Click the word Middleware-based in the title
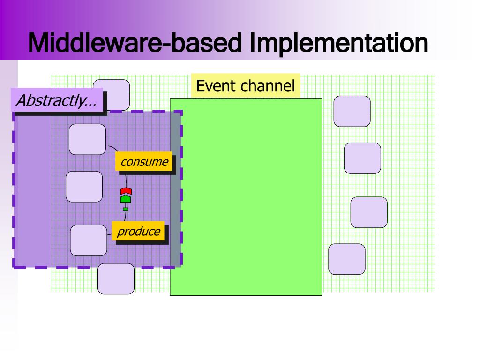pos(136,43)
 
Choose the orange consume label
pos(143,162)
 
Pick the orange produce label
pos(138,231)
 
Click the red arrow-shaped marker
pos(126,191)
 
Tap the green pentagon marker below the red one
pos(126,199)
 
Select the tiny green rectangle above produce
pos(126,209)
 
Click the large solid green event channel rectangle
pos(246,197)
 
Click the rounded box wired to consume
pos(87,139)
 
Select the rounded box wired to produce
pos(88,240)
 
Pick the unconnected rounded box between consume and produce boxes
pos(84,186)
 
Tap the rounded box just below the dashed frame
pos(116,279)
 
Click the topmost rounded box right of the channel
pos(352,111)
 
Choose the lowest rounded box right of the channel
pos(346,259)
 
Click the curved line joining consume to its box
pos(112,149)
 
